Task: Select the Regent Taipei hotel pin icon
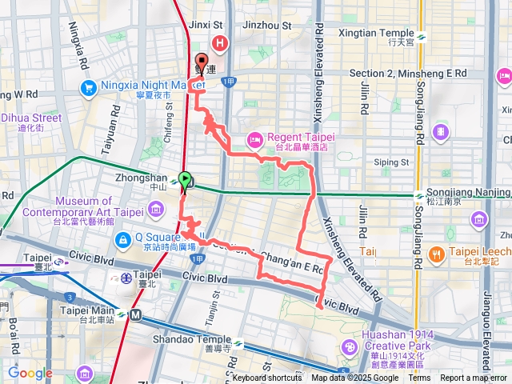pos(255,140)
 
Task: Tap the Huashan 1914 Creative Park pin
pos(350,346)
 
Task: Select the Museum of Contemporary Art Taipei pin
pos(156,212)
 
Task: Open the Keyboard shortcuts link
pos(267,378)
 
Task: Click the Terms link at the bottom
pos(419,378)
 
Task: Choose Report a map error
pos(474,378)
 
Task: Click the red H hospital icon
pos(218,43)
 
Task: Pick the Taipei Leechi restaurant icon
pos(436,254)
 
